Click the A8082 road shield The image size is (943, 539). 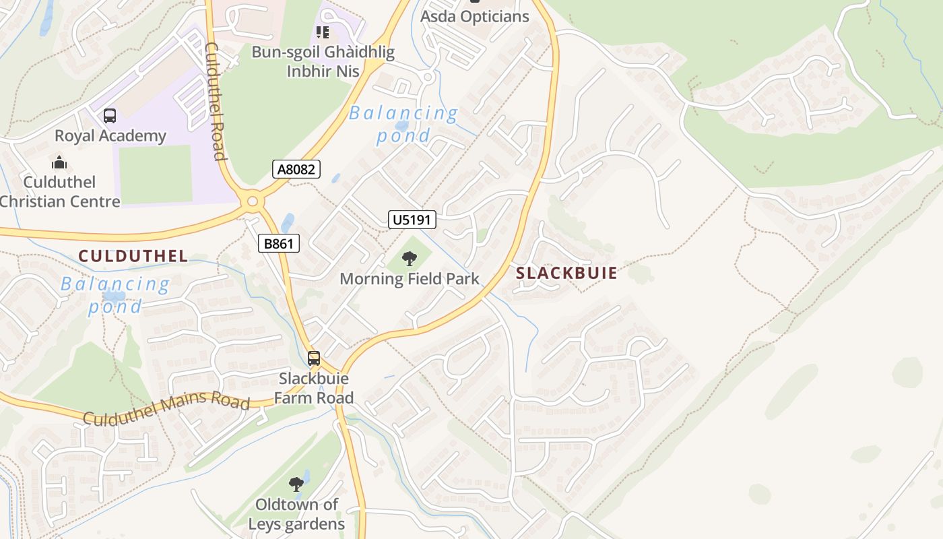296,169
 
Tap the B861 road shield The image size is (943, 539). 278,243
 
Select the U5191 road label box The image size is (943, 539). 412,219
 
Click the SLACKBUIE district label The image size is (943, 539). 566,273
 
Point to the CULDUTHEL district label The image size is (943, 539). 133,256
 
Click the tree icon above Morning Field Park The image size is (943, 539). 409,259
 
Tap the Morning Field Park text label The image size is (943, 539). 410,279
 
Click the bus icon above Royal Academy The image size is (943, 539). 110,116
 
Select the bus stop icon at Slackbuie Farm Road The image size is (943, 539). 314,358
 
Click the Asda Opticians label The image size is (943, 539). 475,16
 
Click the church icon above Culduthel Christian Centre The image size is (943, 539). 59,162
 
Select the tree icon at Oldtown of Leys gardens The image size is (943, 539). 296,484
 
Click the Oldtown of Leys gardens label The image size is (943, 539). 296,514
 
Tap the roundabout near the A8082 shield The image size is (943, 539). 253,200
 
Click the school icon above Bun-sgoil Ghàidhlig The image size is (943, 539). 323,32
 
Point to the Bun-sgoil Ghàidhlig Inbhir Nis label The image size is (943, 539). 323,61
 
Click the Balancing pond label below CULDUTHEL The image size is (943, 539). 115,295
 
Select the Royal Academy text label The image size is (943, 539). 110,135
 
